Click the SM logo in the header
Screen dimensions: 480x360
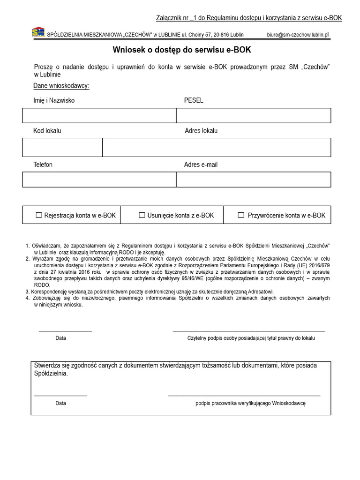[38, 32]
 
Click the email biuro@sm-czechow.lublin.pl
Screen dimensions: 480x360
[298, 35]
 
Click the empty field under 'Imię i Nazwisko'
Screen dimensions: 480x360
[99, 115]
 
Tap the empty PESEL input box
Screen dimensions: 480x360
[254, 115]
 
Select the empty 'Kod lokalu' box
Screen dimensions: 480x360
[62, 147]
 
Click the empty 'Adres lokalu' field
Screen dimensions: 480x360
[217, 147]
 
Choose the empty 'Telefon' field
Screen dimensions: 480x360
[99, 180]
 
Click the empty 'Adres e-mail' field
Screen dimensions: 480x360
[254, 180]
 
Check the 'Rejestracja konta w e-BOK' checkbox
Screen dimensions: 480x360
[39, 215]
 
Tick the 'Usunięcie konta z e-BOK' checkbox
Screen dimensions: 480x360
[142, 215]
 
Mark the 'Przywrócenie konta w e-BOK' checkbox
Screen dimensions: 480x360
[241, 215]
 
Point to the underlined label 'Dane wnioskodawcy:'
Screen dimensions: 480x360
[61, 86]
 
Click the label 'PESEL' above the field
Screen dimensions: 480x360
[194, 100]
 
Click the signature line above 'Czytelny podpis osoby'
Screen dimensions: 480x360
[248, 331]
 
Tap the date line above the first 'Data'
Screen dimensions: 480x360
[65, 331]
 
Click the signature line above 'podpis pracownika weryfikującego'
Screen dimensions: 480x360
[244, 396]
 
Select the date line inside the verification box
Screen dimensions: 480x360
[60, 396]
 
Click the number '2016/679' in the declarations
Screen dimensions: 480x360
[319, 264]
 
